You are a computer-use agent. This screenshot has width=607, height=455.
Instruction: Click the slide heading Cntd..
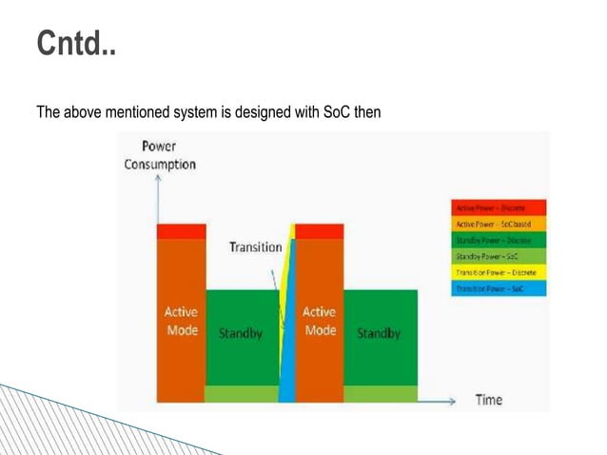point(76,44)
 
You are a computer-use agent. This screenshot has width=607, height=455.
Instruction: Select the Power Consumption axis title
point(160,155)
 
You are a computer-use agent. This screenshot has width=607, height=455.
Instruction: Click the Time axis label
point(488,400)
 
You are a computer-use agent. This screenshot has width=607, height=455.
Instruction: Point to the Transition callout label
point(255,247)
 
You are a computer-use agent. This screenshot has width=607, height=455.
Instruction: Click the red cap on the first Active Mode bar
point(182,231)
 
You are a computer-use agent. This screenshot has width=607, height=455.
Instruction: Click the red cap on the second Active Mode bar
point(319,231)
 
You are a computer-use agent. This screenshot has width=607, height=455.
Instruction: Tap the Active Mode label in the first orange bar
point(182,321)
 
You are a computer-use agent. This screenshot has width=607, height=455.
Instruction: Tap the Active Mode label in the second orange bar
point(319,321)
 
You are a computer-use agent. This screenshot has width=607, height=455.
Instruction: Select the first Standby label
point(241,334)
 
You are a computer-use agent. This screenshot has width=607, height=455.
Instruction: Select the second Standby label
point(378,334)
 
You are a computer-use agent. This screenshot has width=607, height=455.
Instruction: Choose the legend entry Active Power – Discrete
point(499,207)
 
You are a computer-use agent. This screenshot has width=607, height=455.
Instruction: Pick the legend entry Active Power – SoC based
point(499,223)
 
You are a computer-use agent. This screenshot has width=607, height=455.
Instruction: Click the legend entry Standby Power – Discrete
point(499,239)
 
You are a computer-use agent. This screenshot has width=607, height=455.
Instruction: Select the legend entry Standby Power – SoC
point(499,255)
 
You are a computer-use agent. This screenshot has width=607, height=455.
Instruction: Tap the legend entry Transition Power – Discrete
point(499,271)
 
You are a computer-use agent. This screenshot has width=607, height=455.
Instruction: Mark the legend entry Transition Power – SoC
point(499,287)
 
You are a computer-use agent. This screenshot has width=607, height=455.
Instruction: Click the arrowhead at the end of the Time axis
point(453,401)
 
